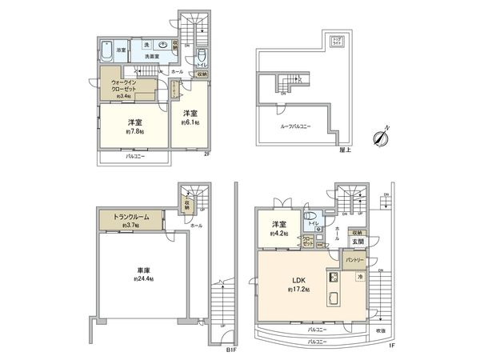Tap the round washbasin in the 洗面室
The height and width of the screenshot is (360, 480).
pyautogui.click(x=163, y=45)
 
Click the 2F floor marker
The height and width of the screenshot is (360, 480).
pyautogui.click(x=206, y=154)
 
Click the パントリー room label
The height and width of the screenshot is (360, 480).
pyautogui.click(x=354, y=260)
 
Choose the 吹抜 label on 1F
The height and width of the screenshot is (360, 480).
pyautogui.click(x=379, y=330)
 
